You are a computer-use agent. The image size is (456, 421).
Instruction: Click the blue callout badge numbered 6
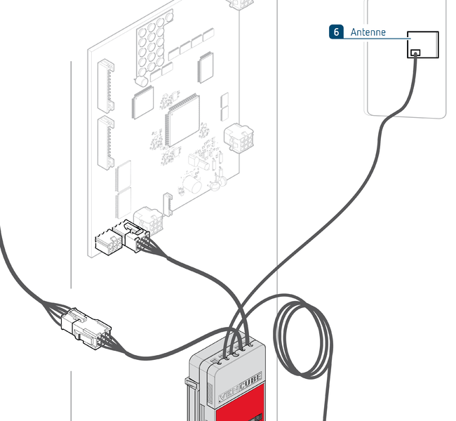(x=337, y=32)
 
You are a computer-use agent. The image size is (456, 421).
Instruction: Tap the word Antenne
(x=368, y=32)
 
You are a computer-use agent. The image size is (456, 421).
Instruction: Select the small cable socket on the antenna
(x=416, y=53)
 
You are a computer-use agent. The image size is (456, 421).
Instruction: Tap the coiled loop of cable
(x=302, y=337)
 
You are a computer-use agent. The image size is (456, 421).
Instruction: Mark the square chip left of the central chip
(x=142, y=104)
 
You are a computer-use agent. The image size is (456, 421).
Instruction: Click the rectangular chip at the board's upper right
(x=206, y=67)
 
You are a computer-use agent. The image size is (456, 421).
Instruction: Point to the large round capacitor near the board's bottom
(x=191, y=185)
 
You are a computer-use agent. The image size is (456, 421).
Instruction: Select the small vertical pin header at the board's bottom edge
(x=167, y=203)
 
